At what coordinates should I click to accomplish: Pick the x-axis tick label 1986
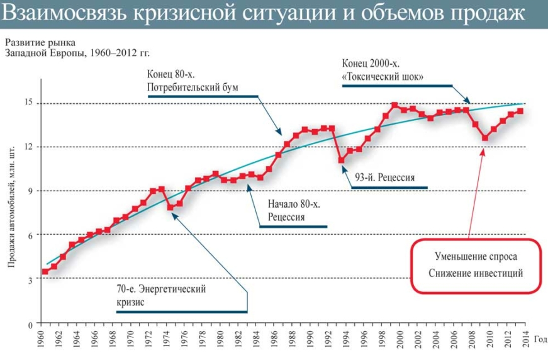coord(277,339)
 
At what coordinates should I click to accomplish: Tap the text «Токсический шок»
coord(382,77)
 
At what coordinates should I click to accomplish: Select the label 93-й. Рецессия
coord(384,177)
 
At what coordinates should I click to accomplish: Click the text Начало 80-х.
coord(293,205)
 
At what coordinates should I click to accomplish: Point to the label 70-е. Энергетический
coord(162,290)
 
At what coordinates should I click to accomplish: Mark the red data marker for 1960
coord(45,272)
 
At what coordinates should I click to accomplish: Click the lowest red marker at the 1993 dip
coord(342,160)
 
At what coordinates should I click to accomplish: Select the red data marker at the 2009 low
coord(484,137)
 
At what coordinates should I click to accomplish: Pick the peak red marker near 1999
coord(394,105)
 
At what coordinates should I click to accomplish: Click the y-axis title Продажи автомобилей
coord(12,205)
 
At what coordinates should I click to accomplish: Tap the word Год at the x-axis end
coord(540,338)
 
